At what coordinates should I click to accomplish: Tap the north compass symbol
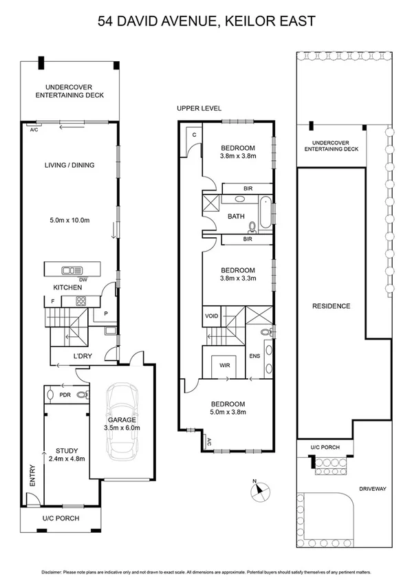click(259, 490)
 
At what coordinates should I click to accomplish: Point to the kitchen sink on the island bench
click(72, 269)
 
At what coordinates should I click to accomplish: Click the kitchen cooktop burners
click(81, 300)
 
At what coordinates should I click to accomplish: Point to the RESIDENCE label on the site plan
click(332, 306)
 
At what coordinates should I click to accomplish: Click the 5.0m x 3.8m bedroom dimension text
click(228, 412)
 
